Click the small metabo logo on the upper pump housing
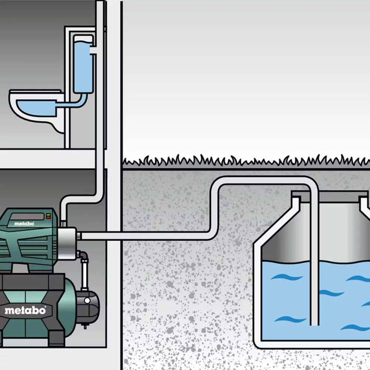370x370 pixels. point(24,223)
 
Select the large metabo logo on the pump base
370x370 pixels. point(25,310)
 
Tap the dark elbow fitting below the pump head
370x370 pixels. point(82,256)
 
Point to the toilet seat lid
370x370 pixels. point(35,91)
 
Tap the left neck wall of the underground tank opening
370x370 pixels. point(295,207)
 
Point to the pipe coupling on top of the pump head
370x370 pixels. point(63,223)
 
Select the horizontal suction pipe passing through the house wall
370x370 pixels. point(111,236)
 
